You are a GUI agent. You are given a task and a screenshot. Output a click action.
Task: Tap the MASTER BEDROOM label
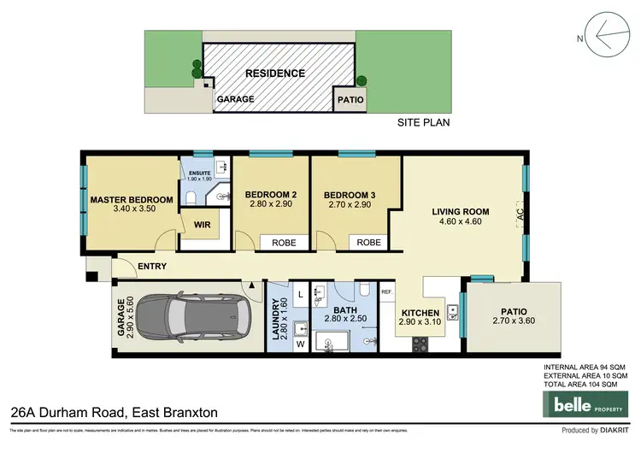point(132,200)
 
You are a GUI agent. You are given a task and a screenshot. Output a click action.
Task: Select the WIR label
point(203,226)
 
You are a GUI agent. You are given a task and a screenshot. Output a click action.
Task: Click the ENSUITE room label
point(198,174)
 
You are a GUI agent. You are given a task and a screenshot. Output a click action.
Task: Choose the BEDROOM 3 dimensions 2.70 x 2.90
point(351,204)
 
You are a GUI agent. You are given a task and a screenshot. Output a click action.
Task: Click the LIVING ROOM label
point(460,212)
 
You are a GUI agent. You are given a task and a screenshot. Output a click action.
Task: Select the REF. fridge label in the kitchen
point(386,292)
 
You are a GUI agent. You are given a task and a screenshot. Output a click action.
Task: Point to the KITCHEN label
point(420,313)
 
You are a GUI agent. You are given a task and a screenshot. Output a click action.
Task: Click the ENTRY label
point(151,266)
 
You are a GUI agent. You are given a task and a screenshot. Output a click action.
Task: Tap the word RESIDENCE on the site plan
point(275,74)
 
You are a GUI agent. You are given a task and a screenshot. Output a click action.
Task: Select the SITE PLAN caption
point(424,123)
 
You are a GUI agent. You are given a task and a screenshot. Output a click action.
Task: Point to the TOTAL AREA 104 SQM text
point(585,384)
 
